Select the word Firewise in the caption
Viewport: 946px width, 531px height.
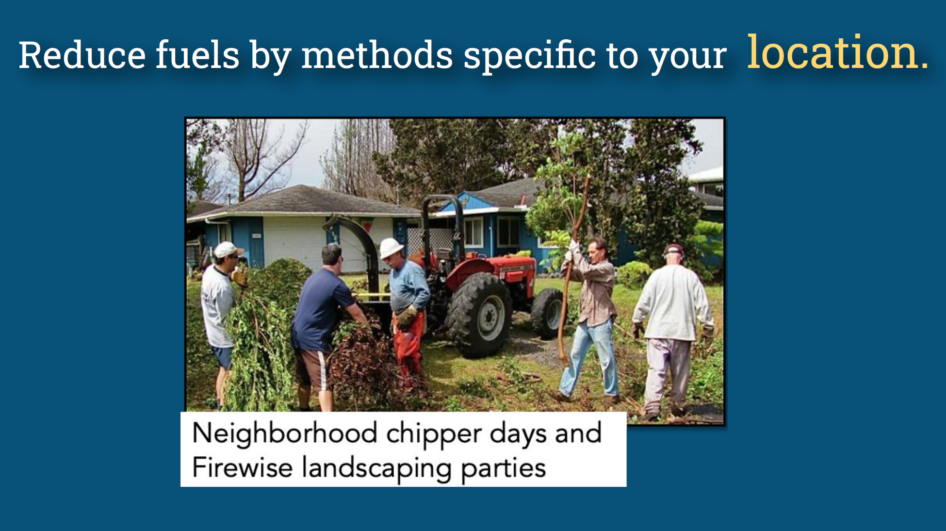pos(242,467)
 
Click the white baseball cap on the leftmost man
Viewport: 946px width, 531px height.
pos(227,249)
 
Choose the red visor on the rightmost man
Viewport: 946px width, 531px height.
pos(674,250)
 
